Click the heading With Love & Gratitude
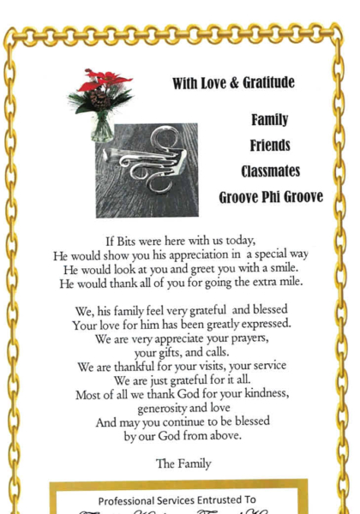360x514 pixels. tap(233, 83)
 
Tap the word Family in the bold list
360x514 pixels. tap(269, 120)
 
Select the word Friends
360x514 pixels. tap(269, 146)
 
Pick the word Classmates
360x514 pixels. tap(269, 171)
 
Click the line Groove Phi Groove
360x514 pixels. tap(270, 197)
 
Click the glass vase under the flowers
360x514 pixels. tap(103, 128)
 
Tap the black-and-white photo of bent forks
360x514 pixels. tap(147, 170)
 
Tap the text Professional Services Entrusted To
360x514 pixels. tap(177, 500)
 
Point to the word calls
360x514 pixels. tap(210, 353)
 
